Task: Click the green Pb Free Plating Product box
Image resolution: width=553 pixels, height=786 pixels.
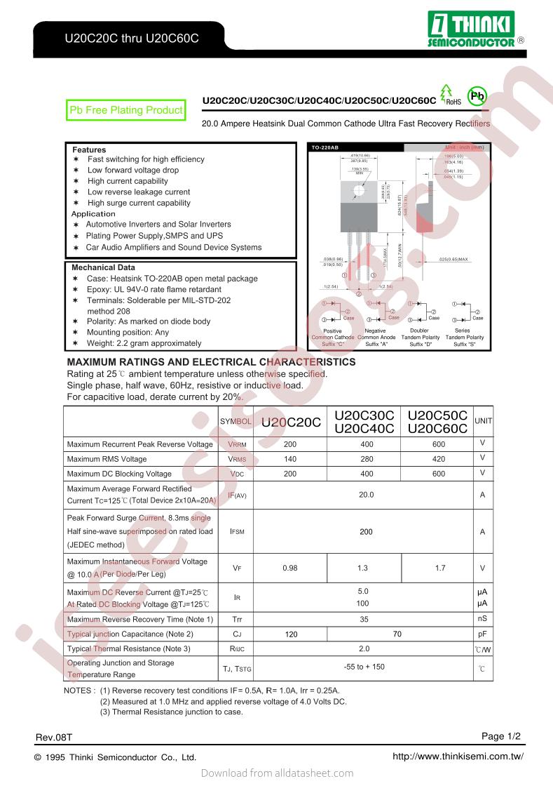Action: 125,110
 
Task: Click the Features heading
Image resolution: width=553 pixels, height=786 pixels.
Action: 89,149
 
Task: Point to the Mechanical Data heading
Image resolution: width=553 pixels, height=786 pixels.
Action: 103,267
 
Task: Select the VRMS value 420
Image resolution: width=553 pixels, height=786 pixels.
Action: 438,459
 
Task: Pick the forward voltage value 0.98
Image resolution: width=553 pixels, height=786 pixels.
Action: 289,568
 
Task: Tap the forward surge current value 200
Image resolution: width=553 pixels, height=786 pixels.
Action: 365,532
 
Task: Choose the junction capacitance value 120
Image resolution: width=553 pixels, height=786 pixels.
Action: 292,634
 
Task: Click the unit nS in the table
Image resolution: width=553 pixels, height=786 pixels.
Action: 482,619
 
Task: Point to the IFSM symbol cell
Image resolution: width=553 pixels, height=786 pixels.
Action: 237,532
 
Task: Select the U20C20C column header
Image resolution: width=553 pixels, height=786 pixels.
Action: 291,422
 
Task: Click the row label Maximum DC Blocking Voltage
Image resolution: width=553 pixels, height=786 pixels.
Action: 119,474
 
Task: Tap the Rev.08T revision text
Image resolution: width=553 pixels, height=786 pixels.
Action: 53,738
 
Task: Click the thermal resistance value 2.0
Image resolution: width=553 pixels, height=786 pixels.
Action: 364,648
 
